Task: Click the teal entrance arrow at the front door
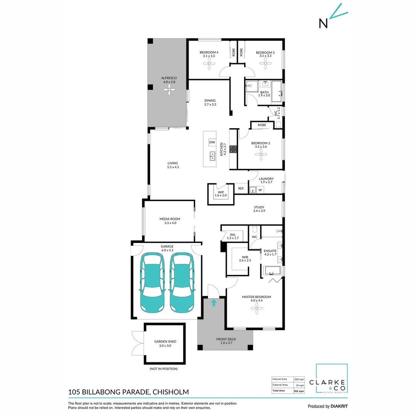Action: click(x=214, y=303)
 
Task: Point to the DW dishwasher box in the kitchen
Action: click(x=212, y=143)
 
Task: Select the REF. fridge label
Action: click(x=242, y=188)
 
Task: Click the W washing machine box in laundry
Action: click(x=260, y=190)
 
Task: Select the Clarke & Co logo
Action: click(x=332, y=379)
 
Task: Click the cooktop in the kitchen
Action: click(x=233, y=149)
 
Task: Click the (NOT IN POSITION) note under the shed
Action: click(x=163, y=369)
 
